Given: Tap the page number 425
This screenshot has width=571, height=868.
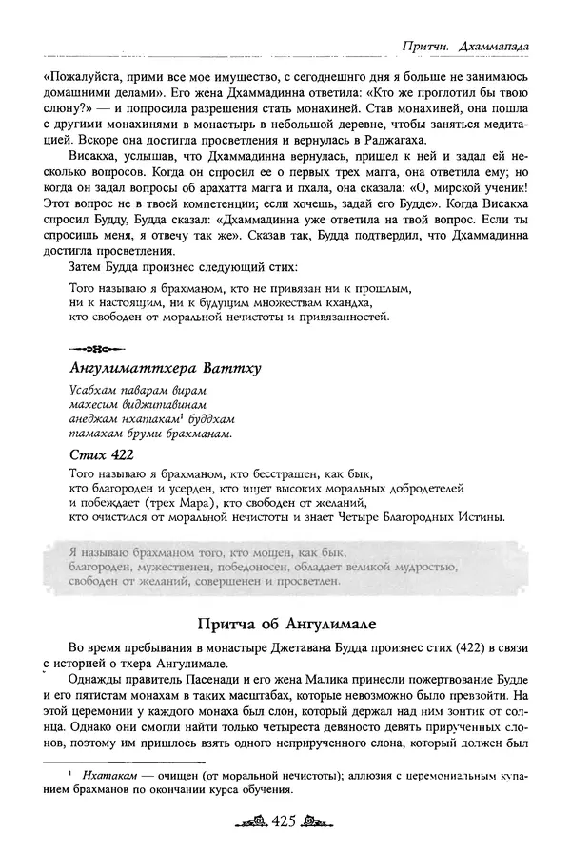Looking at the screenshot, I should click(285, 844).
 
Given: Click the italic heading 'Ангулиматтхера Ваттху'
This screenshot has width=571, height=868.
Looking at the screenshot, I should click(166, 367).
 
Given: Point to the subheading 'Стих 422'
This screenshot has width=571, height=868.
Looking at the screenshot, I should click(102, 454).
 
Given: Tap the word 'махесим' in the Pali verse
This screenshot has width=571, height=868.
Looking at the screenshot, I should click(95, 404).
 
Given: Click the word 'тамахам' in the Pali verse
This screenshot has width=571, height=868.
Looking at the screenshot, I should click(96, 433).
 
